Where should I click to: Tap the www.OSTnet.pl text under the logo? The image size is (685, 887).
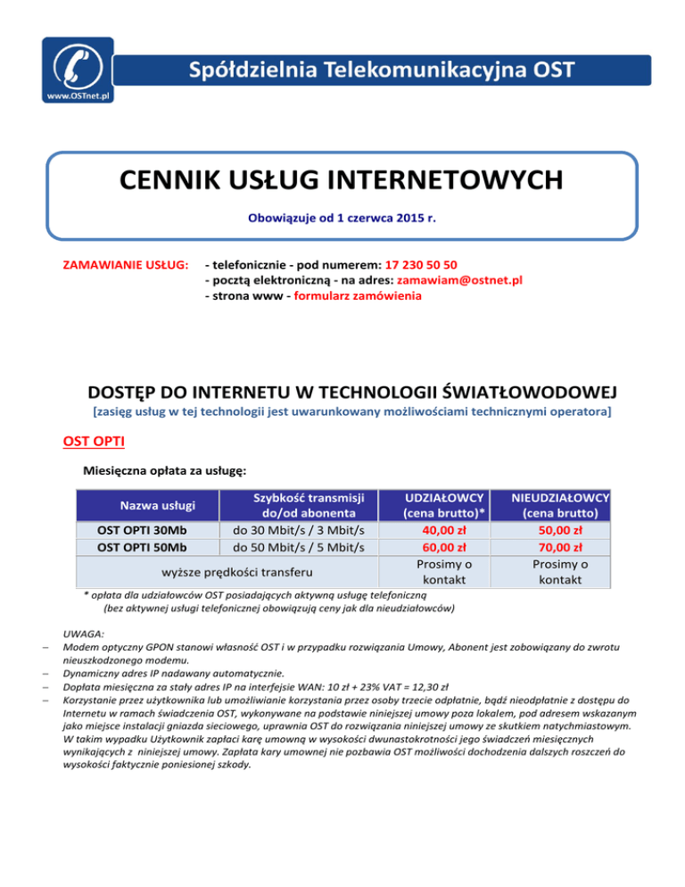(x=77, y=94)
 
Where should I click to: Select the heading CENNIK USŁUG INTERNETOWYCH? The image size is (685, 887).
(x=342, y=180)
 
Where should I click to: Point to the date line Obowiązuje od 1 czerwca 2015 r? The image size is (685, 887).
(x=342, y=215)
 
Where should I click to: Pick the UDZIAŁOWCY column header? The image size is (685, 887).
(x=444, y=497)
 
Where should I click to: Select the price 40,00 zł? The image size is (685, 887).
(x=444, y=531)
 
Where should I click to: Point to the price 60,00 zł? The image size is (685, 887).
(x=444, y=547)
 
